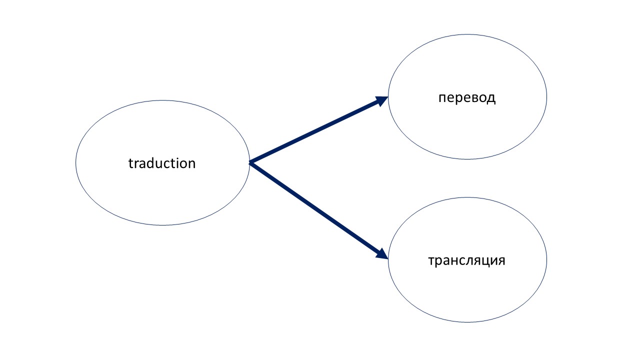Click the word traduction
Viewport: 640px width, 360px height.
[x=162, y=163]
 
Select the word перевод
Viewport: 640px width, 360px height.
[x=467, y=98]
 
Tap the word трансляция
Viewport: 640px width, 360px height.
[x=467, y=261]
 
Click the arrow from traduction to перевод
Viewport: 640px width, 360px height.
[x=318, y=130]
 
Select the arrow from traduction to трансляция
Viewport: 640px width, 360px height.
[x=318, y=211]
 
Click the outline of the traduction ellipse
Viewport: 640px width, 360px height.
[x=75, y=163]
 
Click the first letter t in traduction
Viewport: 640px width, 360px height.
[x=130, y=163]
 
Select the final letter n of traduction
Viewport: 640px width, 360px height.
[x=191, y=164]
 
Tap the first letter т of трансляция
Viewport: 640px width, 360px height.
[x=431, y=261]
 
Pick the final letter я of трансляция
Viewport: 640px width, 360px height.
[x=502, y=261]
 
